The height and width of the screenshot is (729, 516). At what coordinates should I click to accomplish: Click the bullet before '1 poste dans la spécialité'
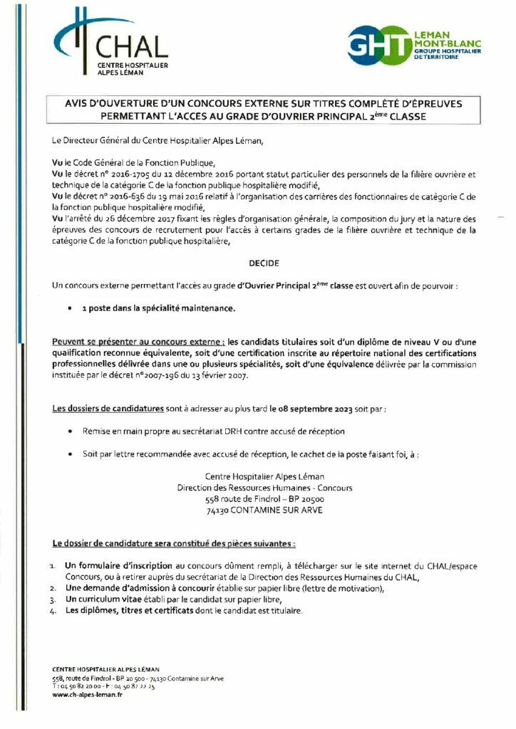(x=69, y=309)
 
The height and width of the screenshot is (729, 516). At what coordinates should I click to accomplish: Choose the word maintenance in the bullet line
(x=210, y=309)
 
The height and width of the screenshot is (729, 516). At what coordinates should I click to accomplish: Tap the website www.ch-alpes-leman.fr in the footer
(x=87, y=694)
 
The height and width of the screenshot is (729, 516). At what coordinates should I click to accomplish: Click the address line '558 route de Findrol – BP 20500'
(x=264, y=499)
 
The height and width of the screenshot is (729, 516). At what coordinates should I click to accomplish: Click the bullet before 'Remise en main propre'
(x=69, y=431)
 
